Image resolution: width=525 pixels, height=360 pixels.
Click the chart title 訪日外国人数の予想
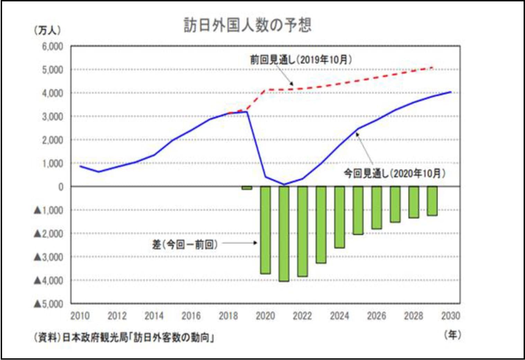pos(247,25)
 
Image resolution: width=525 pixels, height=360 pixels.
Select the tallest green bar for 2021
pos(284,234)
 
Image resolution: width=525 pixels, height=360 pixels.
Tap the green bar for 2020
pos(265,230)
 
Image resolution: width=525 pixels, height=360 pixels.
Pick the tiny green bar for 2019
pos(247,188)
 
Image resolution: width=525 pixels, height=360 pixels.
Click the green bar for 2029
pos(432,201)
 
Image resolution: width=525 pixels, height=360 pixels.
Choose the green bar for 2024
pos(339,217)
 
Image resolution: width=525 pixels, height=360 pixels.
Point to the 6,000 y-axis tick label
pos(53,46)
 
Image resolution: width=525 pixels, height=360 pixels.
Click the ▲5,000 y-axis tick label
pos(48,304)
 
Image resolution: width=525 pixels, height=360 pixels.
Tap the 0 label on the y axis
pos(61,187)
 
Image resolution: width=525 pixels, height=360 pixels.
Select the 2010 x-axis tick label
pos(80,316)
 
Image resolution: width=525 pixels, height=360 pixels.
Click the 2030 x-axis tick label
pos(451,316)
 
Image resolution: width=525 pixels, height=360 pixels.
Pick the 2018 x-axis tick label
pos(228,316)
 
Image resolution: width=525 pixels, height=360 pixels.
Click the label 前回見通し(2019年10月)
pos(301,60)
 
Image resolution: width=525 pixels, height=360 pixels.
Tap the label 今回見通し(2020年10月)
pos(394,173)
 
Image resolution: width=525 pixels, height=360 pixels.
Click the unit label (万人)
pos(47,30)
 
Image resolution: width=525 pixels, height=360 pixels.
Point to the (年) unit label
pos(453,334)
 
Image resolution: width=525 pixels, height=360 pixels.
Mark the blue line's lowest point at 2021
pos(284,184)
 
